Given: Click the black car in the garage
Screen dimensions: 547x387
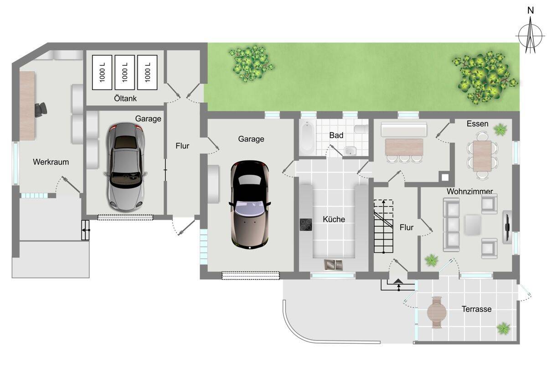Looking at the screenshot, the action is click(250, 204).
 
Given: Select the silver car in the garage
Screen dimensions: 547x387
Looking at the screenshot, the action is click(125, 167).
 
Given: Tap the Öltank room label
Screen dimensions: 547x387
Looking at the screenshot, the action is click(125, 99).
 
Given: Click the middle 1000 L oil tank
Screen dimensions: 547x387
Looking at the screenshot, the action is click(125, 73).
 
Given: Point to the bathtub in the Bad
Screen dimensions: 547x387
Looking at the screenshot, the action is click(307, 137).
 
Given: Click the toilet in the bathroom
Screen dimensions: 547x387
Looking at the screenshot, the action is click(361, 129).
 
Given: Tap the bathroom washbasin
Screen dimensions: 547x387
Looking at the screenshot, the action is click(351, 151).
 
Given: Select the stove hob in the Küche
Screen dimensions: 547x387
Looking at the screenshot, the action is click(306, 225).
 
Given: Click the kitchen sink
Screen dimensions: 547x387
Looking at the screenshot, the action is click(333, 265).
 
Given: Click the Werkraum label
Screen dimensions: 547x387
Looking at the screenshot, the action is click(51, 162).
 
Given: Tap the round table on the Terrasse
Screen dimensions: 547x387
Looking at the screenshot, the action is click(437, 313).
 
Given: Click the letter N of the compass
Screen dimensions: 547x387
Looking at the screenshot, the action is click(531, 10).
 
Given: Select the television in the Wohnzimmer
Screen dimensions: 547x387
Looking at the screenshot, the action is click(507, 227).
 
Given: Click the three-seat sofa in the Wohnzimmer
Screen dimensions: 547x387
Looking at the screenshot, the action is click(451, 225).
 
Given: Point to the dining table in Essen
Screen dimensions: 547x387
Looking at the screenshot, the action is click(482, 156).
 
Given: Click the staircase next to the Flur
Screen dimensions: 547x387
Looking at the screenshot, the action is click(384, 226).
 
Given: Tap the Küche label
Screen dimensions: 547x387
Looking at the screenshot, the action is click(334, 220).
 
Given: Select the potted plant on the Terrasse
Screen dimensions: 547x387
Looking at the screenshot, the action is click(504, 329).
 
